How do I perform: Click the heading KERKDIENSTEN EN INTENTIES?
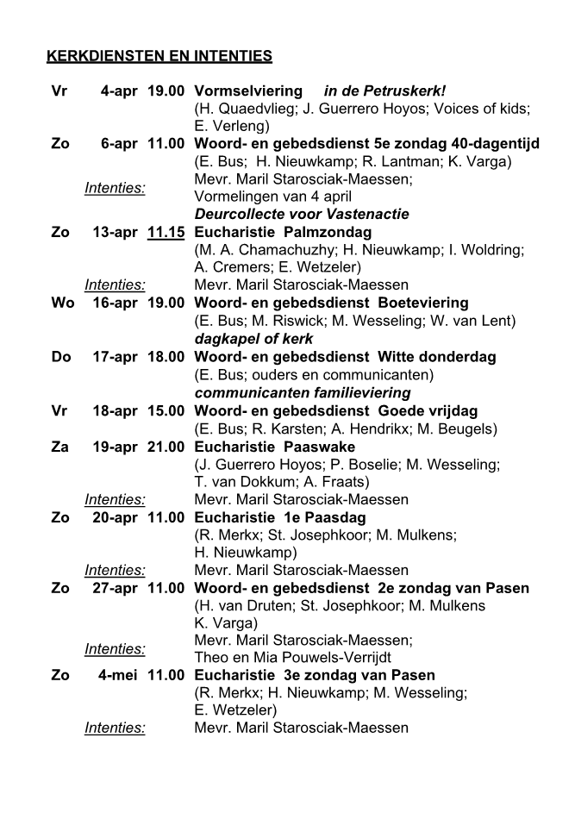(159, 57)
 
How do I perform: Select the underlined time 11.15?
(166, 232)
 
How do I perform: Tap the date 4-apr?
(119, 91)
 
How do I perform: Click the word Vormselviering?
(248, 91)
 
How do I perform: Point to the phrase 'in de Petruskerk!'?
(384, 91)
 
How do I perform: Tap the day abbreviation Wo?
(63, 303)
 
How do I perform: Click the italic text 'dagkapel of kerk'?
(253, 339)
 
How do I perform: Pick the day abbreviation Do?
(61, 357)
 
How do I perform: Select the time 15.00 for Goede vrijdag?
(166, 410)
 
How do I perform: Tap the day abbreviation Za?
(60, 446)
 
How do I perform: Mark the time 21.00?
(166, 446)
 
